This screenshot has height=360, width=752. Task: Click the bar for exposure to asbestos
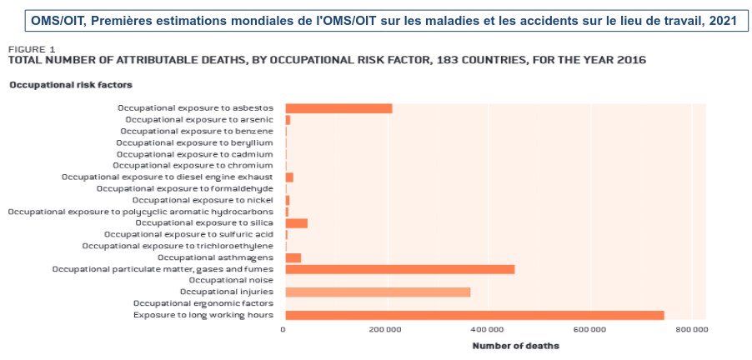(x=338, y=108)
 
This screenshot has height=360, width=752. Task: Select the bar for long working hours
(x=474, y=315)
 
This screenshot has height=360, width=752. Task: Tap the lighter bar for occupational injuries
(x=378, y=292)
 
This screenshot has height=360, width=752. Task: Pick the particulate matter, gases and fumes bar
(x=399, y=269)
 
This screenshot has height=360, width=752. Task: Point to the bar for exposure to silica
(x=296, y=223)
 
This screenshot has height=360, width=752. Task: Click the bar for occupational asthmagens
(x=293, y=257)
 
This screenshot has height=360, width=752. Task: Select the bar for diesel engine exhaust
(x=289, y=177)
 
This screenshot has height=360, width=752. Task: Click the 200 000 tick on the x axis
(x=386, y=330)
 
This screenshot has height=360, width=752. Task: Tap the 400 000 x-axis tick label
(x=488, y=330)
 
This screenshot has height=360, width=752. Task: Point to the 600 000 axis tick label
(x=590, y=330)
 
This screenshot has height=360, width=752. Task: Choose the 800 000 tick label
(x=691, y=330)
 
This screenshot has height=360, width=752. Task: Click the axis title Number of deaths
(x=515, y=346)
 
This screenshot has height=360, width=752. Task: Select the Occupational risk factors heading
(x=71, y=85)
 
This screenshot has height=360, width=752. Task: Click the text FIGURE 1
(x=32, y=49)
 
